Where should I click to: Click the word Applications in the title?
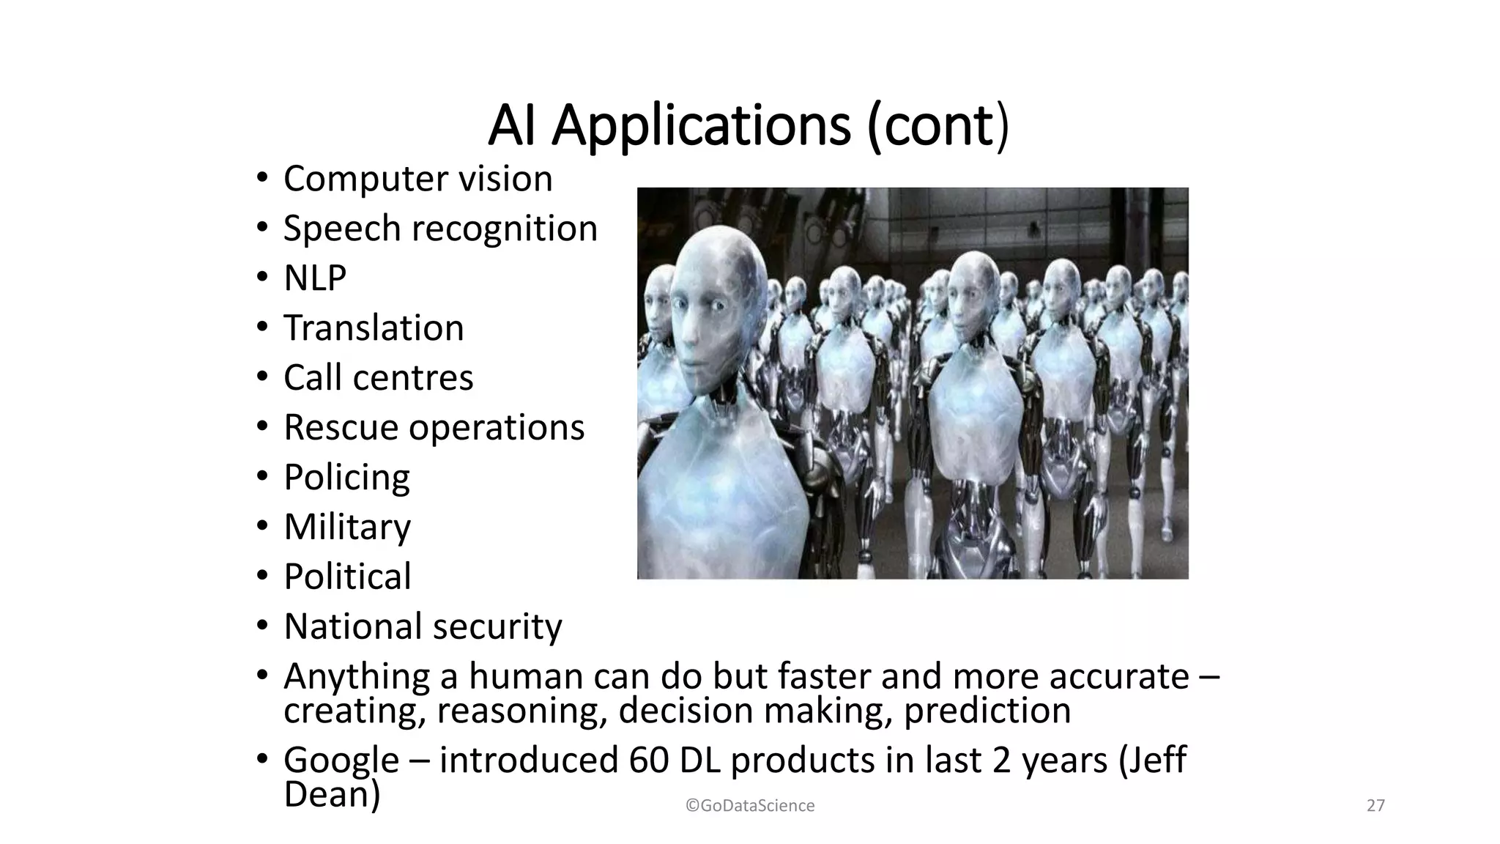click(x=700, y=126)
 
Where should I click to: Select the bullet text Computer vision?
click(x=417, y=179)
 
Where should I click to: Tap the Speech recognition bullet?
click(x=440, y=229)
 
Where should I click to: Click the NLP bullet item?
click(x=315, y=278)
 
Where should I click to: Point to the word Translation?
click(x=374, y=328)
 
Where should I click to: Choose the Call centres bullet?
click(x=378, y=378)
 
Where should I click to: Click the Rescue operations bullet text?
click(x=434, y=428)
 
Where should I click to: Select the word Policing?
click(x=346, y=478)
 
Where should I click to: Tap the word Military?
click(x=347, y=527)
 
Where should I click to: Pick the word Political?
click(x=347, y=577)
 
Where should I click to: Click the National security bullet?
click(x=423, y=627)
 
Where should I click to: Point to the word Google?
click(x=341, y=760)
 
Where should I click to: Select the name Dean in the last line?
click(x=332, y=794)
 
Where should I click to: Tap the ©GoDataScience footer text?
click(x=750, y=806)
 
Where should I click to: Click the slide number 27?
click(x=1375, y=806)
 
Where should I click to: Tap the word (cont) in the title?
click(x=937, y=126)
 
